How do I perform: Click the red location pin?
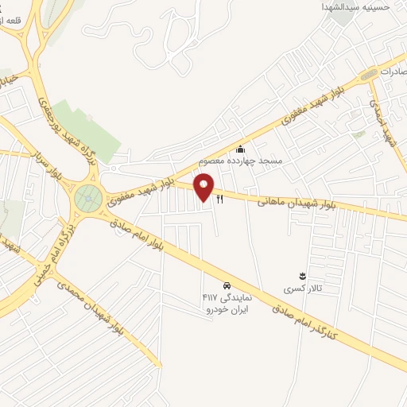tap(205, 188)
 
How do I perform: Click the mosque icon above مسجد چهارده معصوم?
tap(241, 149)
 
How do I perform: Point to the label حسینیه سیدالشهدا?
tap(369, 7)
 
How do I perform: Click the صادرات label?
tap(393, 71)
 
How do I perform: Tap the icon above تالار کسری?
tap(302, 275)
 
